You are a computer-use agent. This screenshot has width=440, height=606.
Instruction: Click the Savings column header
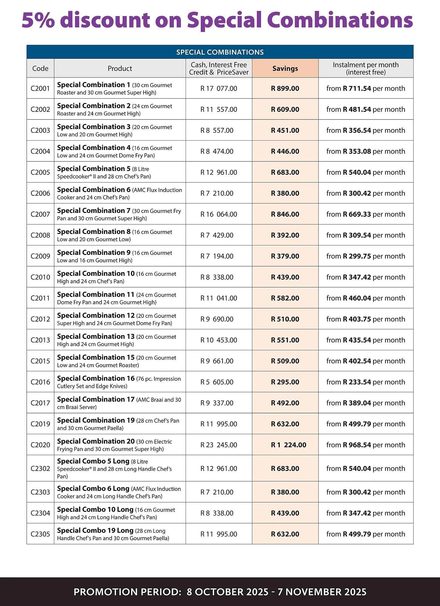click(x=285, y=68)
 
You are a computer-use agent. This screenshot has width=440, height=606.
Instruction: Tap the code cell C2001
click(x=40, y=88)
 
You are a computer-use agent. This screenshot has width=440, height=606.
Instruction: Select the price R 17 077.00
click(x=219, y=88)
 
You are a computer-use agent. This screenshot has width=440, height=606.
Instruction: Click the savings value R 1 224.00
click(x=288, y=445)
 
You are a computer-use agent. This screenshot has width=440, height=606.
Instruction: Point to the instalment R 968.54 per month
click(x=366, y=445)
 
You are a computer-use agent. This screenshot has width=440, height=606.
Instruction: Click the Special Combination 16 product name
click(x=96, y=378)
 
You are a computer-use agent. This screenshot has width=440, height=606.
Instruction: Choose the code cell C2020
click(x=40, y=445)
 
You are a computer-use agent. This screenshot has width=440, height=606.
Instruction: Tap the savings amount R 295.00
click(x=285, y=382)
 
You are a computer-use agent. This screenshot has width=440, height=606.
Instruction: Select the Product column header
click(x=120, y=68)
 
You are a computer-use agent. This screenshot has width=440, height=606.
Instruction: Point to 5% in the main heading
click(x=38, y=20)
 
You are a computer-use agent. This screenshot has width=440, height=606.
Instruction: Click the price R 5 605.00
click(x=217, y=382)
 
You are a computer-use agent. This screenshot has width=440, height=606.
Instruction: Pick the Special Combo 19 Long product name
click(x=95, y=531)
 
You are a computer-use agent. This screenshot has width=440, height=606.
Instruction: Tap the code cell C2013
click(x=40, y=340)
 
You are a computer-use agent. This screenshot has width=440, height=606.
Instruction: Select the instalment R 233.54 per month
click(x=366, y=382)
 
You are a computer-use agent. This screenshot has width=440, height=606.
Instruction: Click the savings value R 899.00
click(x=285, y=88)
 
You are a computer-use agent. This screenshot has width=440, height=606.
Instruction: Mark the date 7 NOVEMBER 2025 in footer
click(x=322, y=592)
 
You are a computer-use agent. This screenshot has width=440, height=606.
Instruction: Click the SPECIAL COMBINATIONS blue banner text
click(x=220, y=52)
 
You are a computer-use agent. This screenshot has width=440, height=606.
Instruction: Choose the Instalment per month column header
click(x=366, y=68)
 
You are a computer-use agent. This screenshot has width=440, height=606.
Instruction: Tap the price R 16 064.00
click(x=219, y=214)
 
